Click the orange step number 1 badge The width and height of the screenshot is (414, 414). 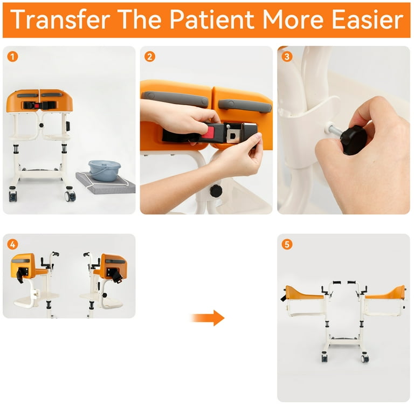click(x=13, y=56)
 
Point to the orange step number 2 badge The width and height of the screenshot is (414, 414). click(x=150, y=56)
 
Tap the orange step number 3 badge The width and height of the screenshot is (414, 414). click(x=287, y=56)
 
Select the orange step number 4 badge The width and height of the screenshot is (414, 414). click(x=13, y=244)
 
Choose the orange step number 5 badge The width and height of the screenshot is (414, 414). click(x=287, y=244)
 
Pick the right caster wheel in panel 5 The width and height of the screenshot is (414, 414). click(x=365, y=357)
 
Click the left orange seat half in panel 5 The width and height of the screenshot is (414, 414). click(x=304, y=293)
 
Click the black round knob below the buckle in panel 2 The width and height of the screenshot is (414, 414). click(x=216, y=191)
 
